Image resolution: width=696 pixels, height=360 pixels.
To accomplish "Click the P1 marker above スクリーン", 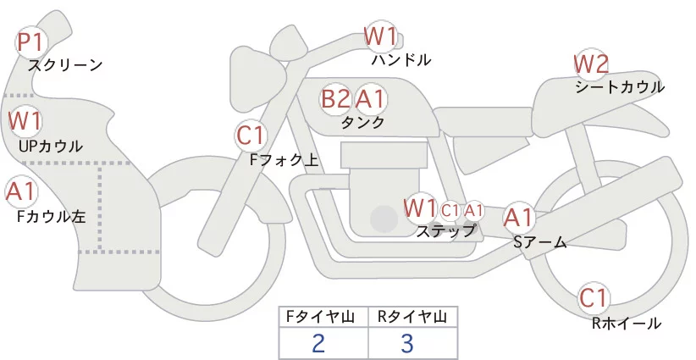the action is click(x=32, y=42).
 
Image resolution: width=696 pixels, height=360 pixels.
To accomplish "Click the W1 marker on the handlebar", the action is click(x=380, y=36).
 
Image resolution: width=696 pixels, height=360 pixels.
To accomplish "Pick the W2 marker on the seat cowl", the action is click(x=591, y=64).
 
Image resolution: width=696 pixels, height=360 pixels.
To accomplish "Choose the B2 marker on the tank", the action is click(x=335, y=99).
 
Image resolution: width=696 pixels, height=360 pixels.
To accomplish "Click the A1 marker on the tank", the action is click(x=370, y=99).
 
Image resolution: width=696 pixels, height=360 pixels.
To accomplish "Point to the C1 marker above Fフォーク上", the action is click(x=251, y=134).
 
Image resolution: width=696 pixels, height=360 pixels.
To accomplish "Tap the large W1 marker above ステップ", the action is click(x=420, y=207).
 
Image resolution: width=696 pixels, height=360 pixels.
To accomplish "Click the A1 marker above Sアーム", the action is click(x=518, y=217).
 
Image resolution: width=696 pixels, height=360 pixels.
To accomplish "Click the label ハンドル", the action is click(x=401, y=60).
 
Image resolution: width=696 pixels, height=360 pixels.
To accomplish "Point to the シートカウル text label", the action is click(x=619, y=86).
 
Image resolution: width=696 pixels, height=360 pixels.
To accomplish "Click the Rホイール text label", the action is click(x=627, y=323).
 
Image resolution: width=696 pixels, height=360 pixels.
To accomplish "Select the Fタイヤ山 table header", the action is click(x=323, y=317).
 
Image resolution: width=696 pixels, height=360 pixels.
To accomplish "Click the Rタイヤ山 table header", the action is click(x=412, y=317).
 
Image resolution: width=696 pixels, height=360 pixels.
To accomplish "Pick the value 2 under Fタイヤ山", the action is click(x=318, y=343).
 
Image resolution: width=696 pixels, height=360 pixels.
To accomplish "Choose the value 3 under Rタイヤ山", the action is click(x=407, y=343).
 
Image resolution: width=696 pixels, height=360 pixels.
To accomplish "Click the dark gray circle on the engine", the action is click(x=384, y=219).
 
